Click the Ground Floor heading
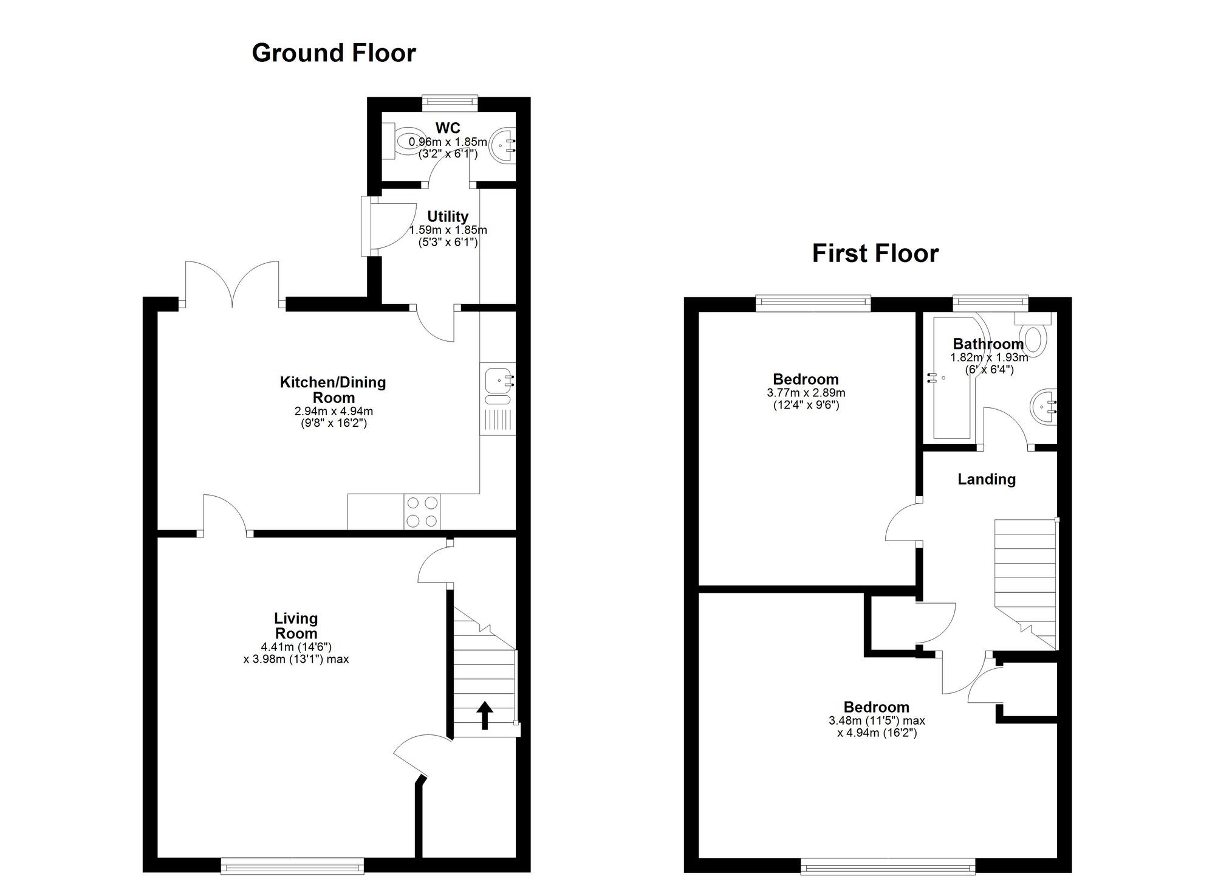(x=334, y=53)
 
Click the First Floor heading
(x=875, y=254)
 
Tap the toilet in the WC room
(x=403, y=142)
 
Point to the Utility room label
(x=448, y=216)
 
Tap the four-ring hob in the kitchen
(x=422, y=512)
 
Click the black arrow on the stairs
(x=484, y=715)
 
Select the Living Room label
(x=296, y=626)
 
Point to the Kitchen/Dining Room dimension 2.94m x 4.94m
(x=334, y=412)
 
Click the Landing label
(x=987, y=480)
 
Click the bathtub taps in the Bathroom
(x=931, y=378)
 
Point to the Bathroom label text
(x=988, y=344)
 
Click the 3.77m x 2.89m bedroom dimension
(x=806, y=393)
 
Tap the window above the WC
(x=450, y=103)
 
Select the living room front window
(x=292, y=866)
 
